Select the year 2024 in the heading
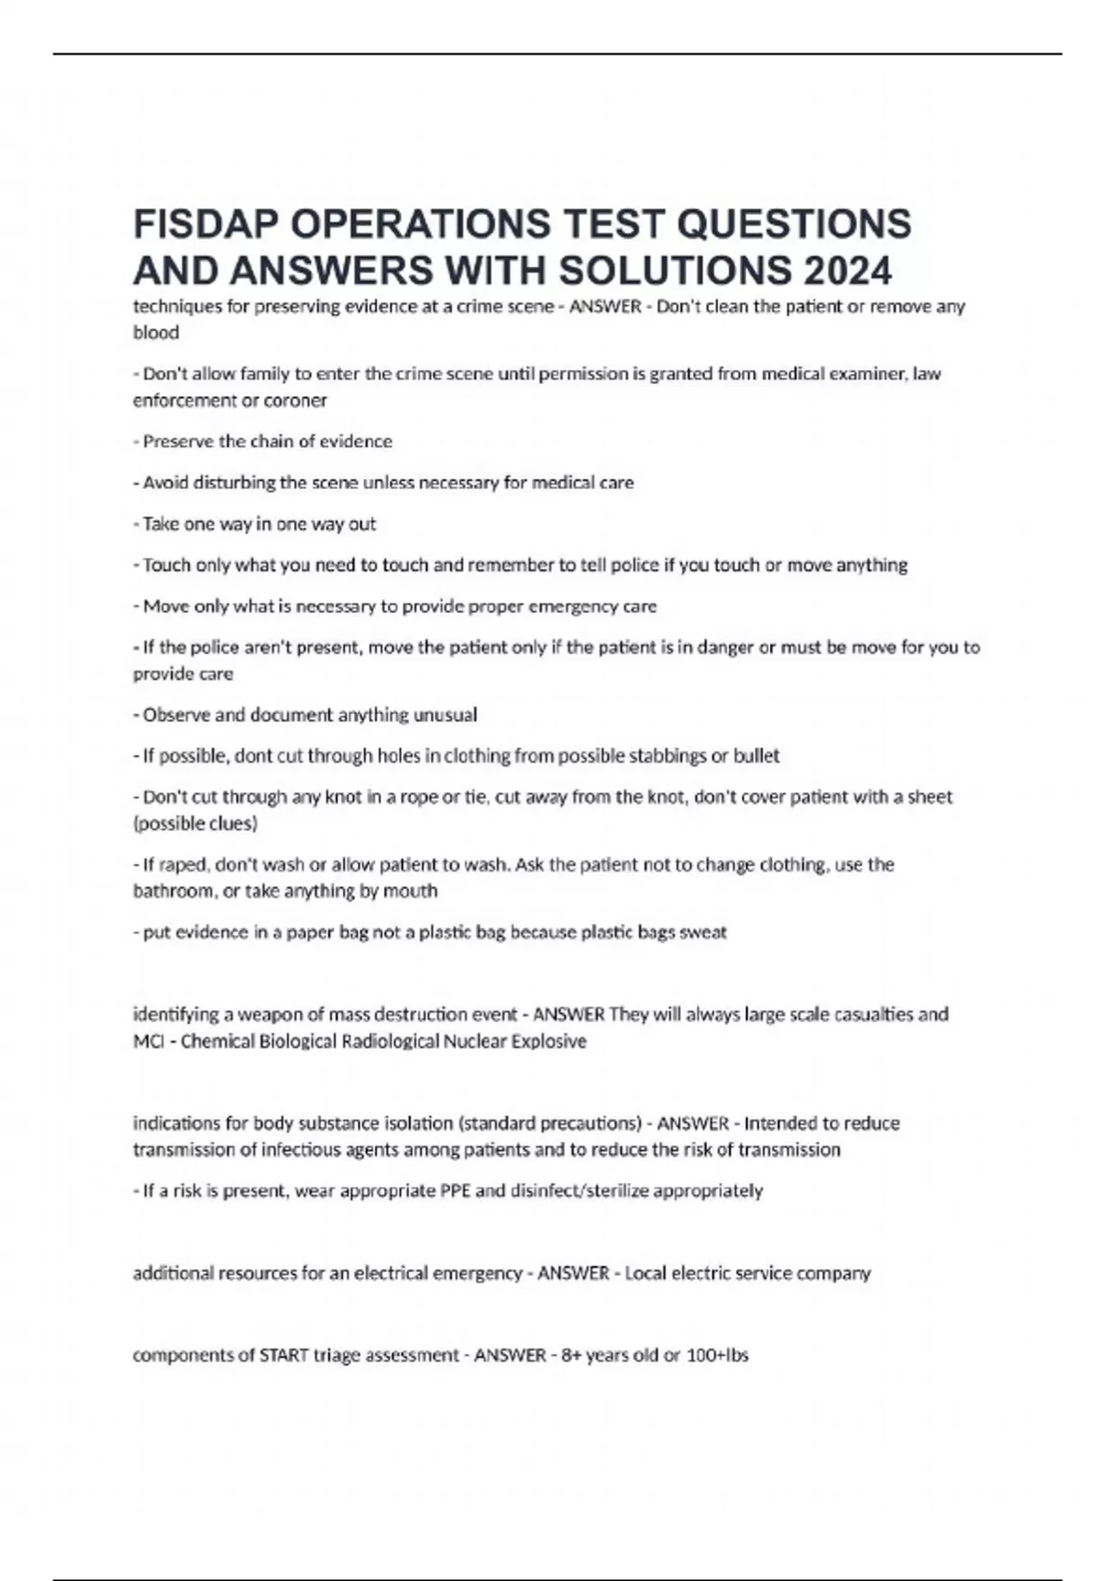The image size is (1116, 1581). click(x=847, y=272)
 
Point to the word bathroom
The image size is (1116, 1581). click(x=173, y=891)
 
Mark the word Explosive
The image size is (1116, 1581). click(x=551, y=1042)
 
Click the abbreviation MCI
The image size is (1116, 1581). click(x=149, y=1042)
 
